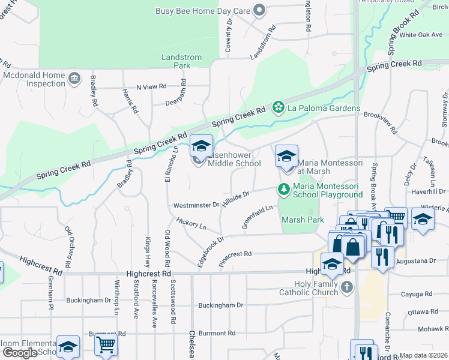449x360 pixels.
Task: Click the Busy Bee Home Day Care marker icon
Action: click(259, 10)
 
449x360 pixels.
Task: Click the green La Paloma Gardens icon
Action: click(278, 108)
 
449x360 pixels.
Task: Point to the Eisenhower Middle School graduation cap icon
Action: click(201, 146)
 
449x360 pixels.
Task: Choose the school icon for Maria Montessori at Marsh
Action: click(286, 157)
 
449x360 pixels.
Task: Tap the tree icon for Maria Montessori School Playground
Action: click(284, 190)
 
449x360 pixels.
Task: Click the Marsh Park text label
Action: click(303, 220)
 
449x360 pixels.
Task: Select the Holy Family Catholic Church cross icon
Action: click(346, 288)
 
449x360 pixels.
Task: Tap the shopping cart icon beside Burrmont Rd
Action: click(106, 346)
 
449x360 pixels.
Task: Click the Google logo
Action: click(20, 353)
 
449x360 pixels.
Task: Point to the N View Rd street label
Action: click(151, 87)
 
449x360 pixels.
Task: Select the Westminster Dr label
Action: click(196, 205)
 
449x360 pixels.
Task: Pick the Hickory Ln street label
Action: click(191, 225)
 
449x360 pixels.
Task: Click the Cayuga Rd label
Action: click(420, 295)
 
